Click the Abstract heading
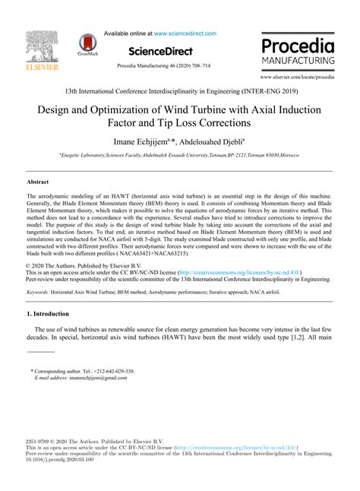coord(37,182)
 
